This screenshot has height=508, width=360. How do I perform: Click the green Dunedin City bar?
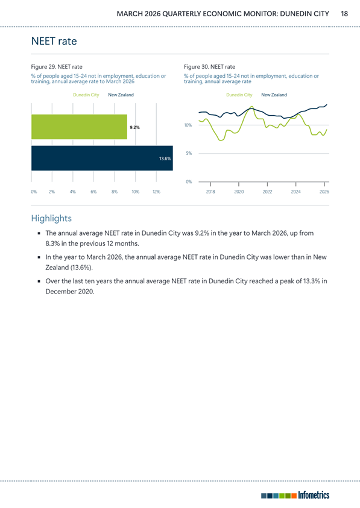click(x=79, y=127)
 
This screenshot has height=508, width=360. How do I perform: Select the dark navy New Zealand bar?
click(x=102, y=158)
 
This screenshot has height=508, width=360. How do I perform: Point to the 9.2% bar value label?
click(x=134, y=127)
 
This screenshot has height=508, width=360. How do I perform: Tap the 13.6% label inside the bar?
click(x=165, y=158)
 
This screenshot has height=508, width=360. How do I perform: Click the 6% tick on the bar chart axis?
click(x=93, y=192)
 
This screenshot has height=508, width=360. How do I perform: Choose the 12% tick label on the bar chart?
click(x=156, y=192)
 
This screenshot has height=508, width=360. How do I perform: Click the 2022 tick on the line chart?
click(x=267, y=192)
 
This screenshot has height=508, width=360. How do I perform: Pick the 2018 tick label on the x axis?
click(x=210, y=192)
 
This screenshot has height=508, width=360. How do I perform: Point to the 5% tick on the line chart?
click(x=189, y=153)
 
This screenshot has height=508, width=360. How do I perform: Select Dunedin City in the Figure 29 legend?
click(x=86, y=95)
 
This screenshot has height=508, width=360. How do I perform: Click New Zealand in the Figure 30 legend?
click(x=274, y=95)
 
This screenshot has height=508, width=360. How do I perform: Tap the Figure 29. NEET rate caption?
click(x=57, y=67)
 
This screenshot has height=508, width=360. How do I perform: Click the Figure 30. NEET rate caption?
click(x=209, y=67)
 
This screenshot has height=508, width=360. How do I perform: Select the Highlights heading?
click(x=51, y=218)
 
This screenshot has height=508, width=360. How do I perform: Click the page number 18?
click(x=344, y=14)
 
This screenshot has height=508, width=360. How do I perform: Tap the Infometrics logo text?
click(x=314, y=495)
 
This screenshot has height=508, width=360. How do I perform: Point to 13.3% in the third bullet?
click(x=311, y=281)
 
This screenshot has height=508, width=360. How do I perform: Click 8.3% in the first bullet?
click(x=52, y=243)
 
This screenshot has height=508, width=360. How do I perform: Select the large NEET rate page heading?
click(x=54, y=41)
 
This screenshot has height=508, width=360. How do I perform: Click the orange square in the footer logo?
click(x=294, y=496)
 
